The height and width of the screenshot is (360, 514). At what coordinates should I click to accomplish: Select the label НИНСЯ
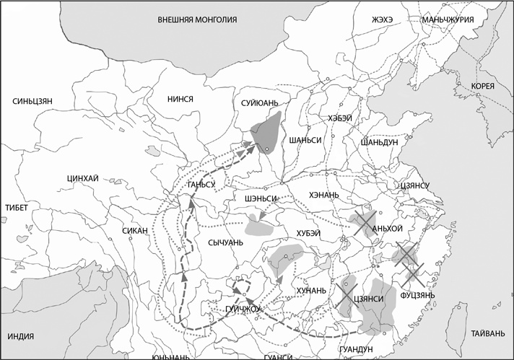180,99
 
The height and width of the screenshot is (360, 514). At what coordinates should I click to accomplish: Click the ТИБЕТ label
16,208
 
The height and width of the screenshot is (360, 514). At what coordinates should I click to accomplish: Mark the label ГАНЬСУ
201,185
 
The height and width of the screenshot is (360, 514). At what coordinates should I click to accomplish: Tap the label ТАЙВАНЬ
483,334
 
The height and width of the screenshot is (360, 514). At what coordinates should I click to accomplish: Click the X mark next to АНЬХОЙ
363,223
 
